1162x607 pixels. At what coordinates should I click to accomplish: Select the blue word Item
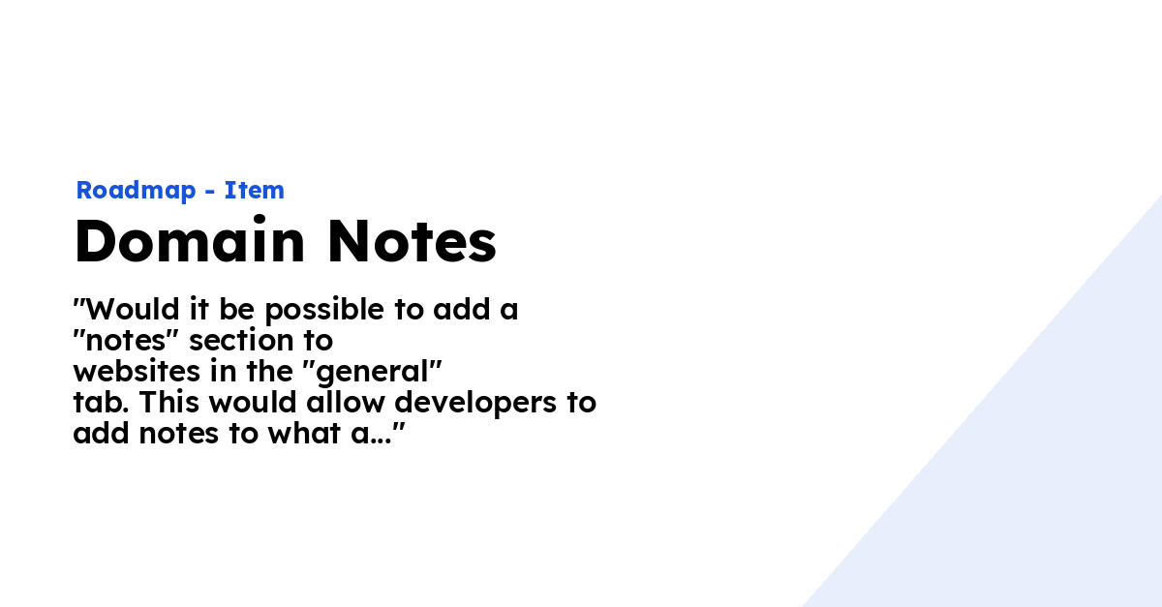(255, 191)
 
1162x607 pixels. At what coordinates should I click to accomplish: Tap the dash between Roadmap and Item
(210, 192)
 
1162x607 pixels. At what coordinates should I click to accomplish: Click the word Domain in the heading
(190, 242)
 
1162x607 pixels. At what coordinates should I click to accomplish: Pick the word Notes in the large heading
(412, 242)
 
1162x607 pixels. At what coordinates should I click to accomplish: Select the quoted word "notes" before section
(130, 341)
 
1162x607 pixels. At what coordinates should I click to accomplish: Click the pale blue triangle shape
(1046, 484)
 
